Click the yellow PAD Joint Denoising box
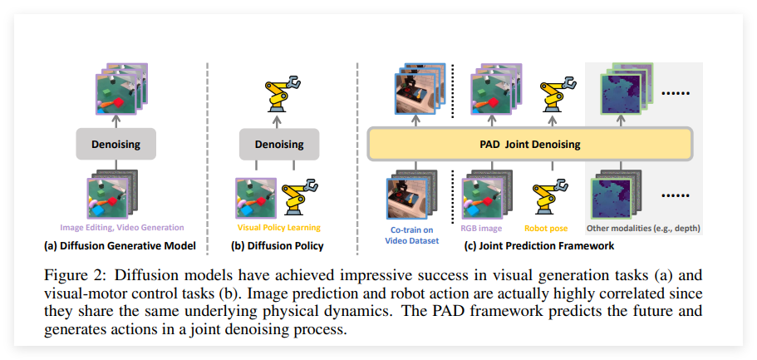(x=529, y=145)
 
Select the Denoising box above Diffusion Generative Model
(x=116, y=145)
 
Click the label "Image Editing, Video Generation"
(x=121, y=227)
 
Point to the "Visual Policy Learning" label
(x=279, y=227)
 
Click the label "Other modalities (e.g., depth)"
(x=644, y=227)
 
